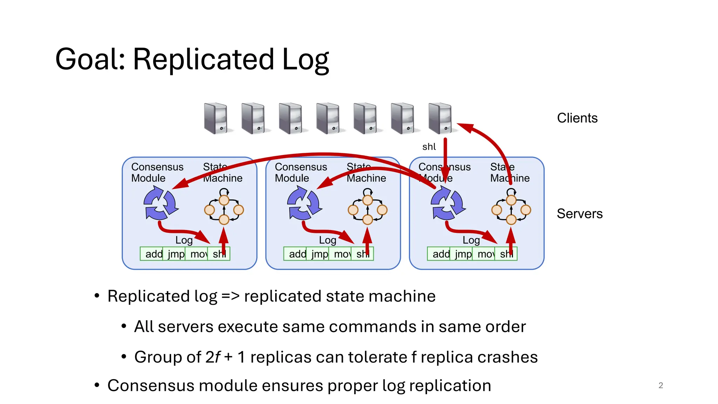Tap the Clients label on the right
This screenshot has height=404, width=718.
tap(577, 118)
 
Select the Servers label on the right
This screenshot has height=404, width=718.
tap(580, 214)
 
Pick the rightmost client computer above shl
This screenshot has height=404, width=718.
tap(440, 119)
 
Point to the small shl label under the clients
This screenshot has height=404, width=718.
tap(429, 147)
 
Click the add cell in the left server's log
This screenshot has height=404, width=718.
tap(154, 254)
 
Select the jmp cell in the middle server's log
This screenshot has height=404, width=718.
tap(319, 254)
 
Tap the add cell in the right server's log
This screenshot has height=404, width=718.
tap(441, 254)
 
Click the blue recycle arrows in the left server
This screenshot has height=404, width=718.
tap(160, 203)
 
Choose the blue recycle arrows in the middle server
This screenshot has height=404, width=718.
tap(304, 203)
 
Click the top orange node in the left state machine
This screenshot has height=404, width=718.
tap(224, 200)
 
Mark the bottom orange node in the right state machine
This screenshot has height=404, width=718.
tap(511, 220)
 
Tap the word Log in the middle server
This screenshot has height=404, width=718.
tap(327, 240)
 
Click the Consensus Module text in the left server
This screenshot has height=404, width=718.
tap(157, 172)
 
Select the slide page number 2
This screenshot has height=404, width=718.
tap(661, 385)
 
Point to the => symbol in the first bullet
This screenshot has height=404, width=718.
tap(230, 296)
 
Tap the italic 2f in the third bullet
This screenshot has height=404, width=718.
tap(213, 357)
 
